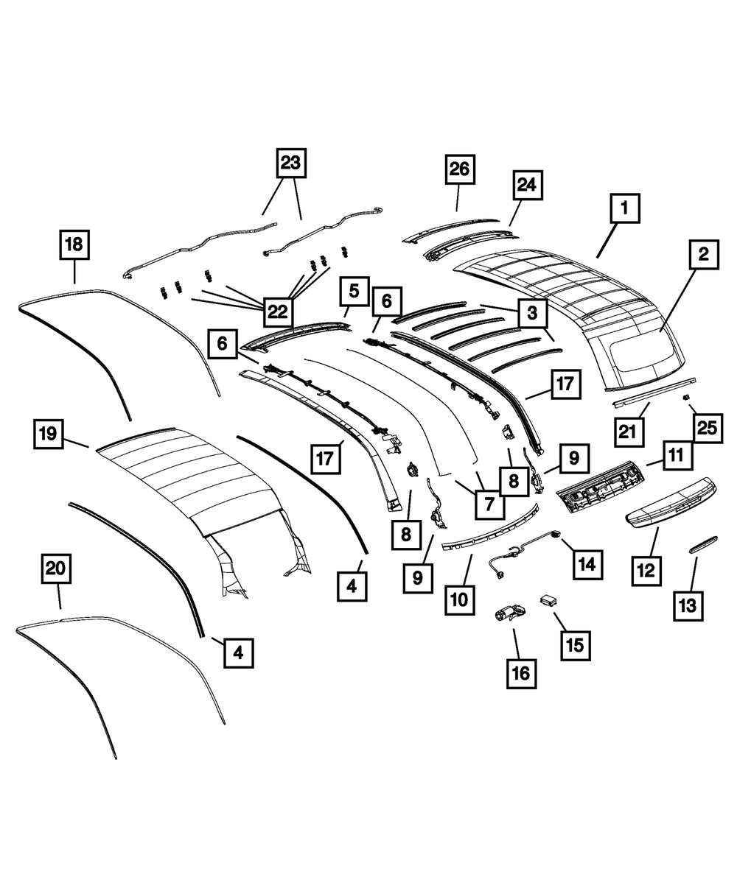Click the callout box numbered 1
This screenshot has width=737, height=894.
624,210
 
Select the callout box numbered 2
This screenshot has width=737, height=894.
704,255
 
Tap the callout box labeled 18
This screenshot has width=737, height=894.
75,244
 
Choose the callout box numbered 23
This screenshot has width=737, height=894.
290,163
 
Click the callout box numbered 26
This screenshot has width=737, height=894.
460,170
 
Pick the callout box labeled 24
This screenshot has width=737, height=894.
528,187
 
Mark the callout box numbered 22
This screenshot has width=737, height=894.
277,311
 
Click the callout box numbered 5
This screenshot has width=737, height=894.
354,291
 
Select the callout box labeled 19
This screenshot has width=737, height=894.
49,434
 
